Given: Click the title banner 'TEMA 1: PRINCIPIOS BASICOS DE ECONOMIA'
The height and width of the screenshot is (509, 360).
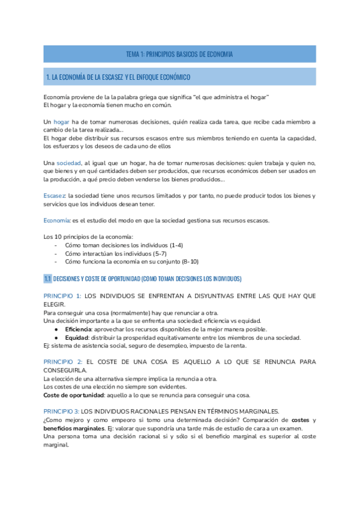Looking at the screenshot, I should pyautogui.click(x=179, y=54).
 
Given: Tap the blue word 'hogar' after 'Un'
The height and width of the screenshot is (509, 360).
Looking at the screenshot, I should pyautogui.click(x=62, y=122).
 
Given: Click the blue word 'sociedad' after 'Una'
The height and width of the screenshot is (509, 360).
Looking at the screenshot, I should pyautogui.click(x=69, y=163).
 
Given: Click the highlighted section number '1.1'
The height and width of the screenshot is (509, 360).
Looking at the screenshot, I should pyautogui.click(x=48, y=279).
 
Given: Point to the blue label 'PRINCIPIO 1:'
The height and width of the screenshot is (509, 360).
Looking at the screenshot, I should pyautogui.click(x=62, y=297).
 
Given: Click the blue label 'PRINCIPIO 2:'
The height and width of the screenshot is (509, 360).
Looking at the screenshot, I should pyautogui.click(x=62, y=362).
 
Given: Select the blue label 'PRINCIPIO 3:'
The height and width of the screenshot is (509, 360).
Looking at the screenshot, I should pyautogui.click(x=61, y=411).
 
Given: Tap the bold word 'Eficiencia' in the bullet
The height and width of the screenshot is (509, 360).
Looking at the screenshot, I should pyautogui.click(x=79, y=330).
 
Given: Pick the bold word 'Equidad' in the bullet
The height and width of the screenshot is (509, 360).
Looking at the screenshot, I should pyautogui.click(x=77, y=337).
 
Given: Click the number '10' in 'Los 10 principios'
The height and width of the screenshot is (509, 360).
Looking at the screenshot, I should pyautogui.click(x=62, y=237).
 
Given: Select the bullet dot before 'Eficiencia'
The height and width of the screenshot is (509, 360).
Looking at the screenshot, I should pyautogui.click(x=56, y=330).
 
